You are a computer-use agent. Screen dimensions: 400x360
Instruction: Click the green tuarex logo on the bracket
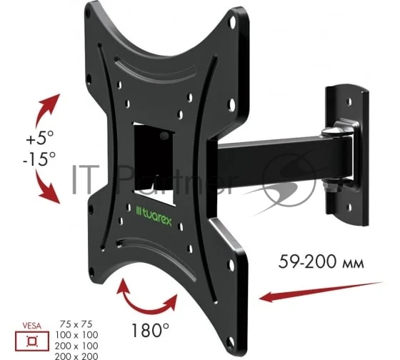(154, 217)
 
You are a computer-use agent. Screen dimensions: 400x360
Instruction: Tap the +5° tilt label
(40, 138)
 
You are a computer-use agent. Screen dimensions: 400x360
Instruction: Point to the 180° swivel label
(150, 330)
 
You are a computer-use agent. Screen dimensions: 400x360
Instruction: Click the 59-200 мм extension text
(321, 261)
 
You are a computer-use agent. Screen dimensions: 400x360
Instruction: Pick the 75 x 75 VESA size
(76, 324)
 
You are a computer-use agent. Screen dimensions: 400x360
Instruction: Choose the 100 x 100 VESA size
(76, 334)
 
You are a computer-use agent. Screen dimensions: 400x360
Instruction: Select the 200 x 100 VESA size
(76, 346)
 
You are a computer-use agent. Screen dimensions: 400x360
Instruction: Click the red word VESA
(31, 326)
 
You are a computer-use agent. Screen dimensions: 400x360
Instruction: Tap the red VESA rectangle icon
(32, 341)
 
